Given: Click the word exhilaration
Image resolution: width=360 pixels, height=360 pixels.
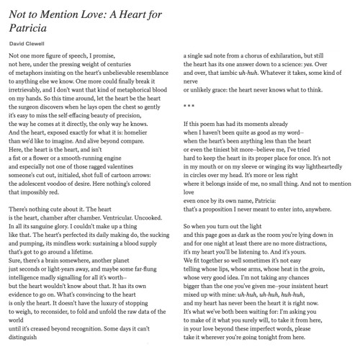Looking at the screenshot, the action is [x=303, y=55].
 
